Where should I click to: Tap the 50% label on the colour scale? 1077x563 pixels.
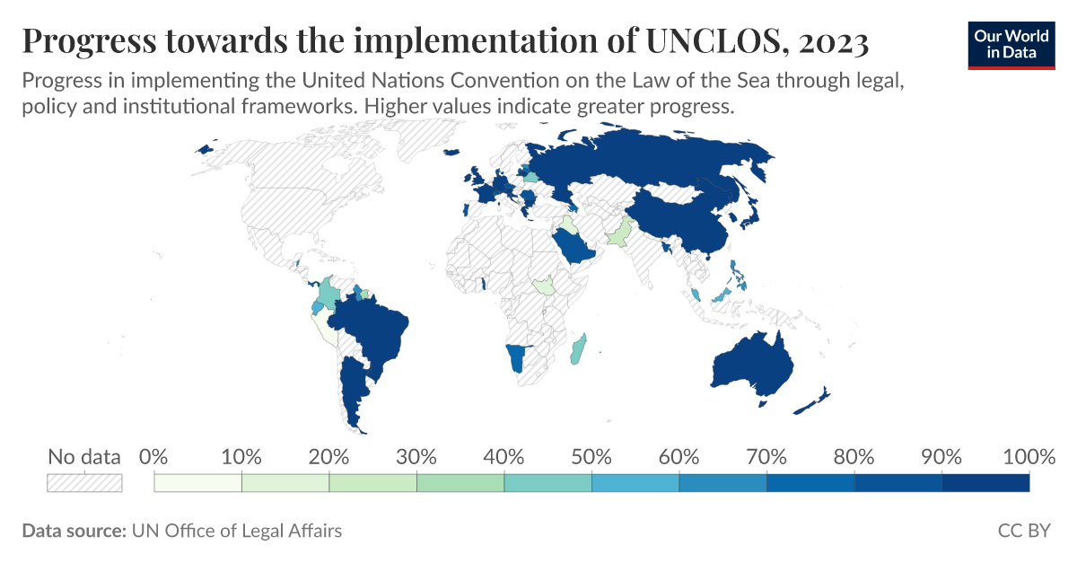click(591, 457)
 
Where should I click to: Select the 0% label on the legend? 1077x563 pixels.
click(154, 457)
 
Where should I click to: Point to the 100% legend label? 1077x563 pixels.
click(1028, 457)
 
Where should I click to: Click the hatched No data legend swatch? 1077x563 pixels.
click(84, 482)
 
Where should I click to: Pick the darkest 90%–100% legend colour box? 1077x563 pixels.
click(985, 483)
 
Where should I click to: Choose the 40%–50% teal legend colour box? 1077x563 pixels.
click(547, 483)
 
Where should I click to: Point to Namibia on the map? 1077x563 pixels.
click(514, 359)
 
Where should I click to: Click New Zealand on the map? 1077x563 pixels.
click(812, 401)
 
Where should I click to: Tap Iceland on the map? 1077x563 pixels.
click(206, 149)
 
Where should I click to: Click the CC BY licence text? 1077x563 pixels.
click(1023, 531)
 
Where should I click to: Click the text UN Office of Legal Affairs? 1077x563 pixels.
click(237, 531)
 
